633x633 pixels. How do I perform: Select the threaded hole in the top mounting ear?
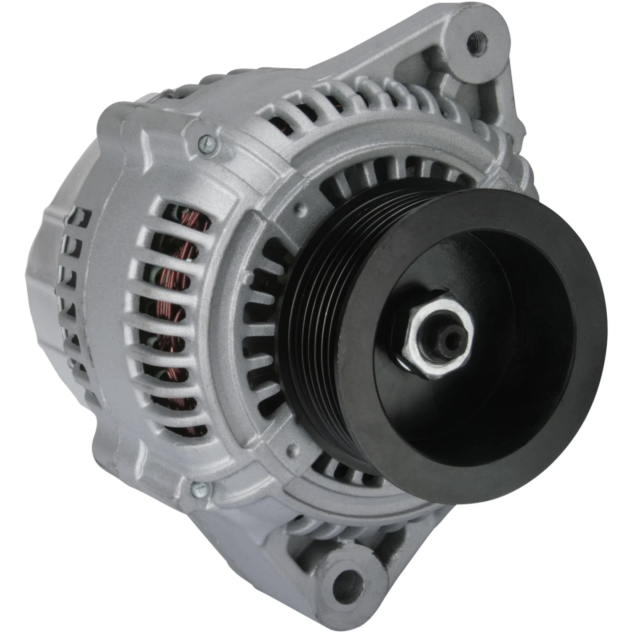477,38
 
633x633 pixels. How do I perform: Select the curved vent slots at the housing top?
346,99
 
